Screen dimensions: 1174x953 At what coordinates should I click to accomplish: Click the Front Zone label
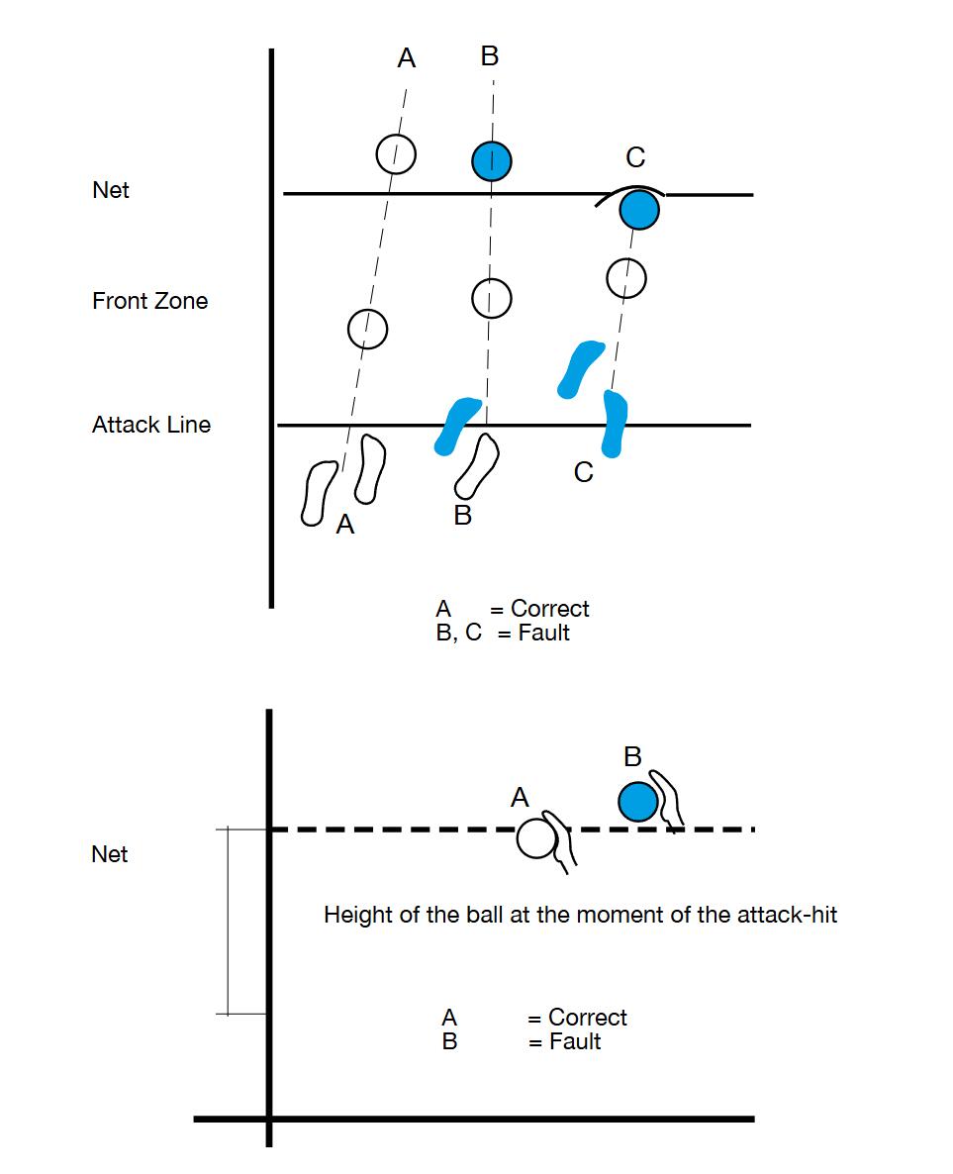pyautogui.click(x=149, y=301)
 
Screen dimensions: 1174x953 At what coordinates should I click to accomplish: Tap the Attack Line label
pyautogui.click(x=150, y=425)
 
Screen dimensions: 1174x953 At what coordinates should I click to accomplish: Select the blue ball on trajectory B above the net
pyautogui.click(x=491, y=160)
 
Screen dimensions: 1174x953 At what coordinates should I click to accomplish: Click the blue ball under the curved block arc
pyautogui.click(x=639, y=210)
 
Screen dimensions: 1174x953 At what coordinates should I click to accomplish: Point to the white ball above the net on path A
pyautogui.click(x=395, y=153)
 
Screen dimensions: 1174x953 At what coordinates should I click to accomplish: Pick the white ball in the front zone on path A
pyautogui.click(x=367, y=328)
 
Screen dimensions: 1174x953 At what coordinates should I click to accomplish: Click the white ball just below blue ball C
pyautogui.click(x=625, y=278)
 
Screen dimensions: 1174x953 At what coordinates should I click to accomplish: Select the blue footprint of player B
pyautogui.click(x=457, y=425)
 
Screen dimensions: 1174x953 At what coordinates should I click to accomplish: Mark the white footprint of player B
pyautogui.click(x=477, y=465)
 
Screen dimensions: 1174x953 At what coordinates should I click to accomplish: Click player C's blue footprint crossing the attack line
pyautogui.click(x=615, y=423)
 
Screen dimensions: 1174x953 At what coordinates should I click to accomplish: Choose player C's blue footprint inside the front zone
pyautogui.click(x=580, y=367)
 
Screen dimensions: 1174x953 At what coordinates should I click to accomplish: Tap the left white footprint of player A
pyautogui.click(x=320, y=491)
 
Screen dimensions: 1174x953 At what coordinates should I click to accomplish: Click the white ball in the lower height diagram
pyautogui.click(x=535, y=838)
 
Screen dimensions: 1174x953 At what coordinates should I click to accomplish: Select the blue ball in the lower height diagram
pyautogui.click(x=638, y=801)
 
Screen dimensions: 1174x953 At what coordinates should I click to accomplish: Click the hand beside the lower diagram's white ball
pyautogui.click(x=563, y=843)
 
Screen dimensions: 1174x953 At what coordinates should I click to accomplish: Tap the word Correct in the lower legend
pyautogui.click(x=587, y=1018)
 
